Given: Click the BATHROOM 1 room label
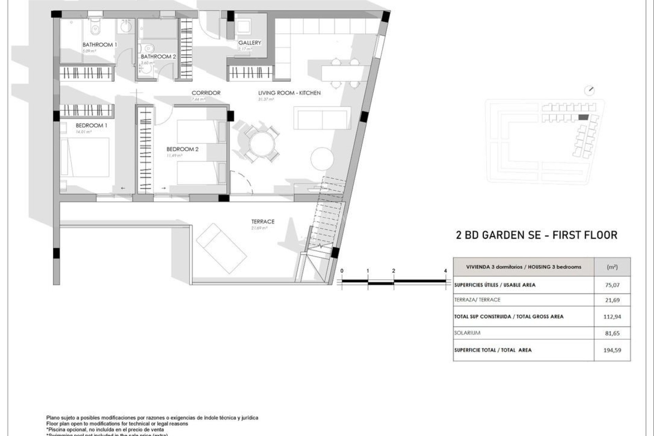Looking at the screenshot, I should [99, 45].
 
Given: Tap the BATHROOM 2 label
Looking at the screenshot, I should [158, 57].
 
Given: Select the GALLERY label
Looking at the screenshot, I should [250, 43].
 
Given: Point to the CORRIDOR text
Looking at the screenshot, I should [206, 93].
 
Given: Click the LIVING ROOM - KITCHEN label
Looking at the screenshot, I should [289, 93].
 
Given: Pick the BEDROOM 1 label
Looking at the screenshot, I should [91, 125].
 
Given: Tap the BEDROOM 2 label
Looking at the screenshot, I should [182, 149].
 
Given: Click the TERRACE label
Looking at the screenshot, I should [263, 221].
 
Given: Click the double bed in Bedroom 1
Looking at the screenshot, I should [85, 157].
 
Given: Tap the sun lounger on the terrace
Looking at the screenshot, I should [221, 249].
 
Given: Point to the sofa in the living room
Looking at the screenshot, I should [322, 118].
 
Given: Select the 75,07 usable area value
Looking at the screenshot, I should [612, 285].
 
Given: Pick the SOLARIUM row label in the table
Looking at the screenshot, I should [467, 333].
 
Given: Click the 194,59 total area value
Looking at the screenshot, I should [612, 350].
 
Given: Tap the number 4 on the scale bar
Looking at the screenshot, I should [445, 271].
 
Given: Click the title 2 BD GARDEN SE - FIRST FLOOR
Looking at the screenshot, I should [536, 235].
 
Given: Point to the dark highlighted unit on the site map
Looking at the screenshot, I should [583, 117].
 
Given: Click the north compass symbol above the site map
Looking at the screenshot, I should [589, 91].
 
